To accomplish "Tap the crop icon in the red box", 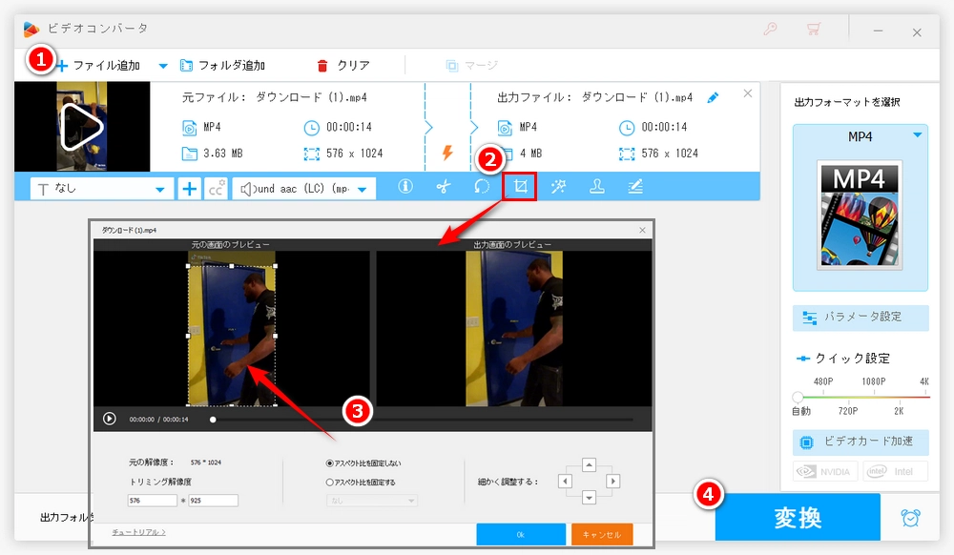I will (520, 187).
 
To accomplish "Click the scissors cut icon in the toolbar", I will (443, 187).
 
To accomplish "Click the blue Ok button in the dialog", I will (520, 534).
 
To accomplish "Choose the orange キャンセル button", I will (602, 534).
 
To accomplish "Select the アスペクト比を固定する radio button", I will (330, 483).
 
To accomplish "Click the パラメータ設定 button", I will (861, 318).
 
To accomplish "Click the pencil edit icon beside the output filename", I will (713, 97).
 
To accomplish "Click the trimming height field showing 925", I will (214, 500).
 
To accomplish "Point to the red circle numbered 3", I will (356, 411).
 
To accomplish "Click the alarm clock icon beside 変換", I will (910, 518).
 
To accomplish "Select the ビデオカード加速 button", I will (861, 442).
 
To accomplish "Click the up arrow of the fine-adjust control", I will (589, 464).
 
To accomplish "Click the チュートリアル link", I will (138, 532).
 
